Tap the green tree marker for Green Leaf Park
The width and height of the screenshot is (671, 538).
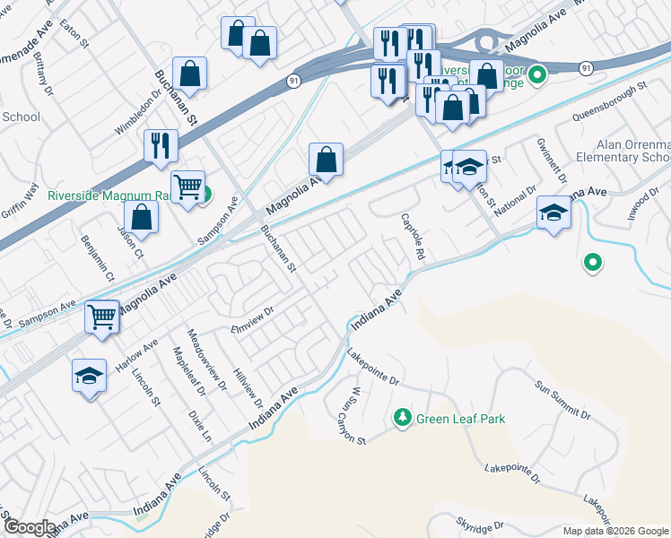(x=403, y=418)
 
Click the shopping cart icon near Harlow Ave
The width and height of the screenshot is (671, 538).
(x=102, y=317)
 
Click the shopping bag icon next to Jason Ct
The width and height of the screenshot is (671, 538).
(x=141, y=215)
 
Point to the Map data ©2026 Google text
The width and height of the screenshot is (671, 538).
(x=614, y=531)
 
